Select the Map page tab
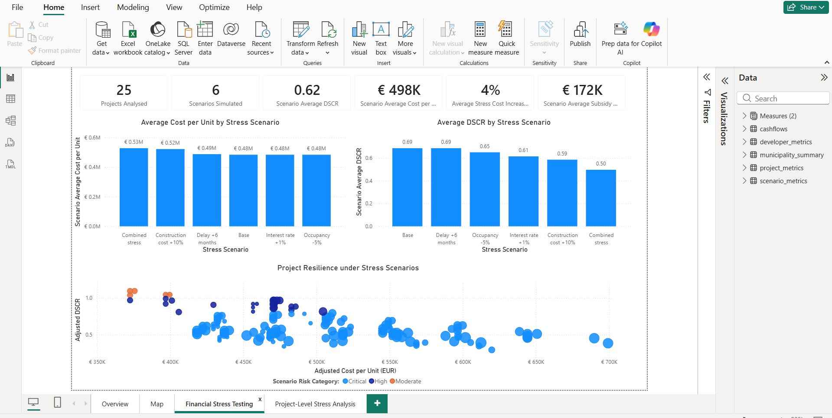point(157,404)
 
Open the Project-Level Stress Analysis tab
point(315,404)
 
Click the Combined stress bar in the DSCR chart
point(601,198)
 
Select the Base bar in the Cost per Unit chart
point(244,191)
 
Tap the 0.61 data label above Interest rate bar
point(523,150)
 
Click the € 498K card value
point(399,90)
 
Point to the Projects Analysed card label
point(124,104)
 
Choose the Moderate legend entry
point(405,381)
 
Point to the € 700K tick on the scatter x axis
point(609,362)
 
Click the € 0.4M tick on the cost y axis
point(92,167)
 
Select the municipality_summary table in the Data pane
point(792,155)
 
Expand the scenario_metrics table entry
point(744,181)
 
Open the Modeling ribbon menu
point(133,7)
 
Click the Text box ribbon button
point(381,38)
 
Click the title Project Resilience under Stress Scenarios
point(348,268)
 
